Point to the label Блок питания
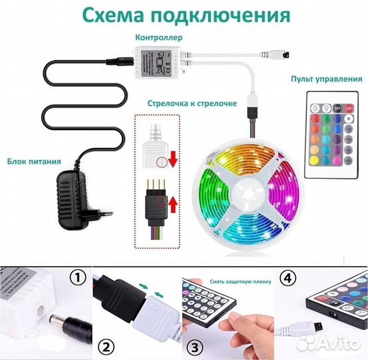[x=35, y=161]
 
